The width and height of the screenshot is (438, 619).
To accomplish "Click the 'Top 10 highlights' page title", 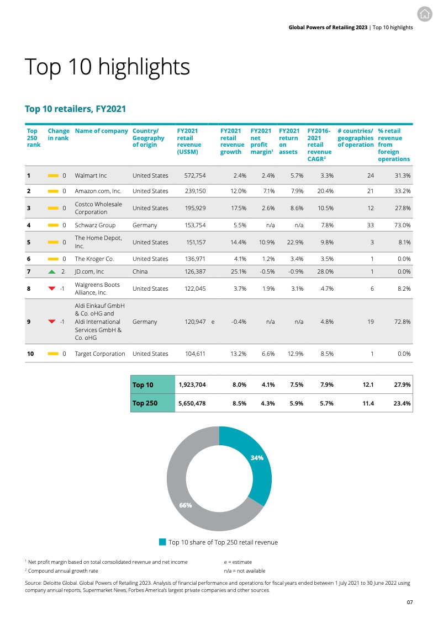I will pos(108,67).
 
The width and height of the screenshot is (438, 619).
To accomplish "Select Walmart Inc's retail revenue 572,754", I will pos(194,175).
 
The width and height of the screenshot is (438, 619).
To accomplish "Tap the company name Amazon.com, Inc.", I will pos(98,191).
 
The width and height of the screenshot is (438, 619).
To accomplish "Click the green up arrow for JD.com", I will pos(52,271).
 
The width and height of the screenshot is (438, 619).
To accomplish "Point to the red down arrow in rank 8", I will pos(52,288).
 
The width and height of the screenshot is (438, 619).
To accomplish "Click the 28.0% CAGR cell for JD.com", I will pos(324,271).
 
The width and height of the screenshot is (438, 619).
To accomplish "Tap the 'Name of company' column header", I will pos(100,131).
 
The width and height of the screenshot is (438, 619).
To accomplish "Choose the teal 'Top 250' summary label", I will pos(145,403).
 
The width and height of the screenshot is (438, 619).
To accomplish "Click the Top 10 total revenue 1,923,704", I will pos(192,385).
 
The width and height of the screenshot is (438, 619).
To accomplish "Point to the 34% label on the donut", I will pos(257,457).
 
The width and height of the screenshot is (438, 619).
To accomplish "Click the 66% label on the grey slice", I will pos(185,505).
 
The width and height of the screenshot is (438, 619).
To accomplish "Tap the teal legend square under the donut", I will pos(162,542).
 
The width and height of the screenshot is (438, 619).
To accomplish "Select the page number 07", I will pos(410,602).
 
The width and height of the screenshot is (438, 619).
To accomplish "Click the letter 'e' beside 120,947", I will pos(213,321).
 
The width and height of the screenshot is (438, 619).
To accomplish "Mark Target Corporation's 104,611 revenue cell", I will pos(194,354).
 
